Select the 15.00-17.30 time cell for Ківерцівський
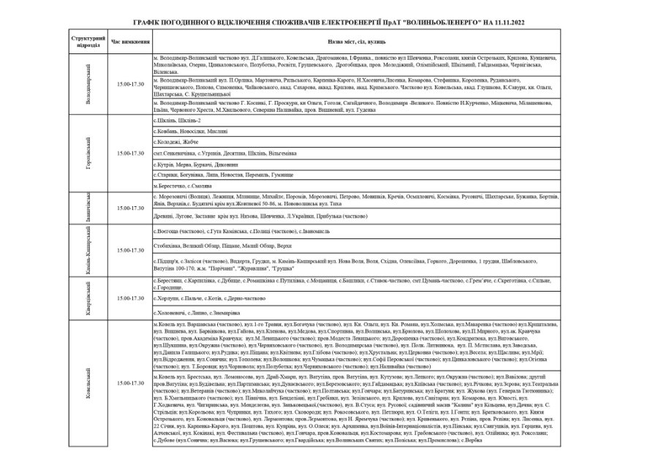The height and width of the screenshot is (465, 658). pos(129,298)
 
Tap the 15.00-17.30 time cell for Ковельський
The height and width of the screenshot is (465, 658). pos(129,382)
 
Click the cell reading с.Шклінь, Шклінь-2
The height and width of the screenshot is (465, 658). pos(174,121)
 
